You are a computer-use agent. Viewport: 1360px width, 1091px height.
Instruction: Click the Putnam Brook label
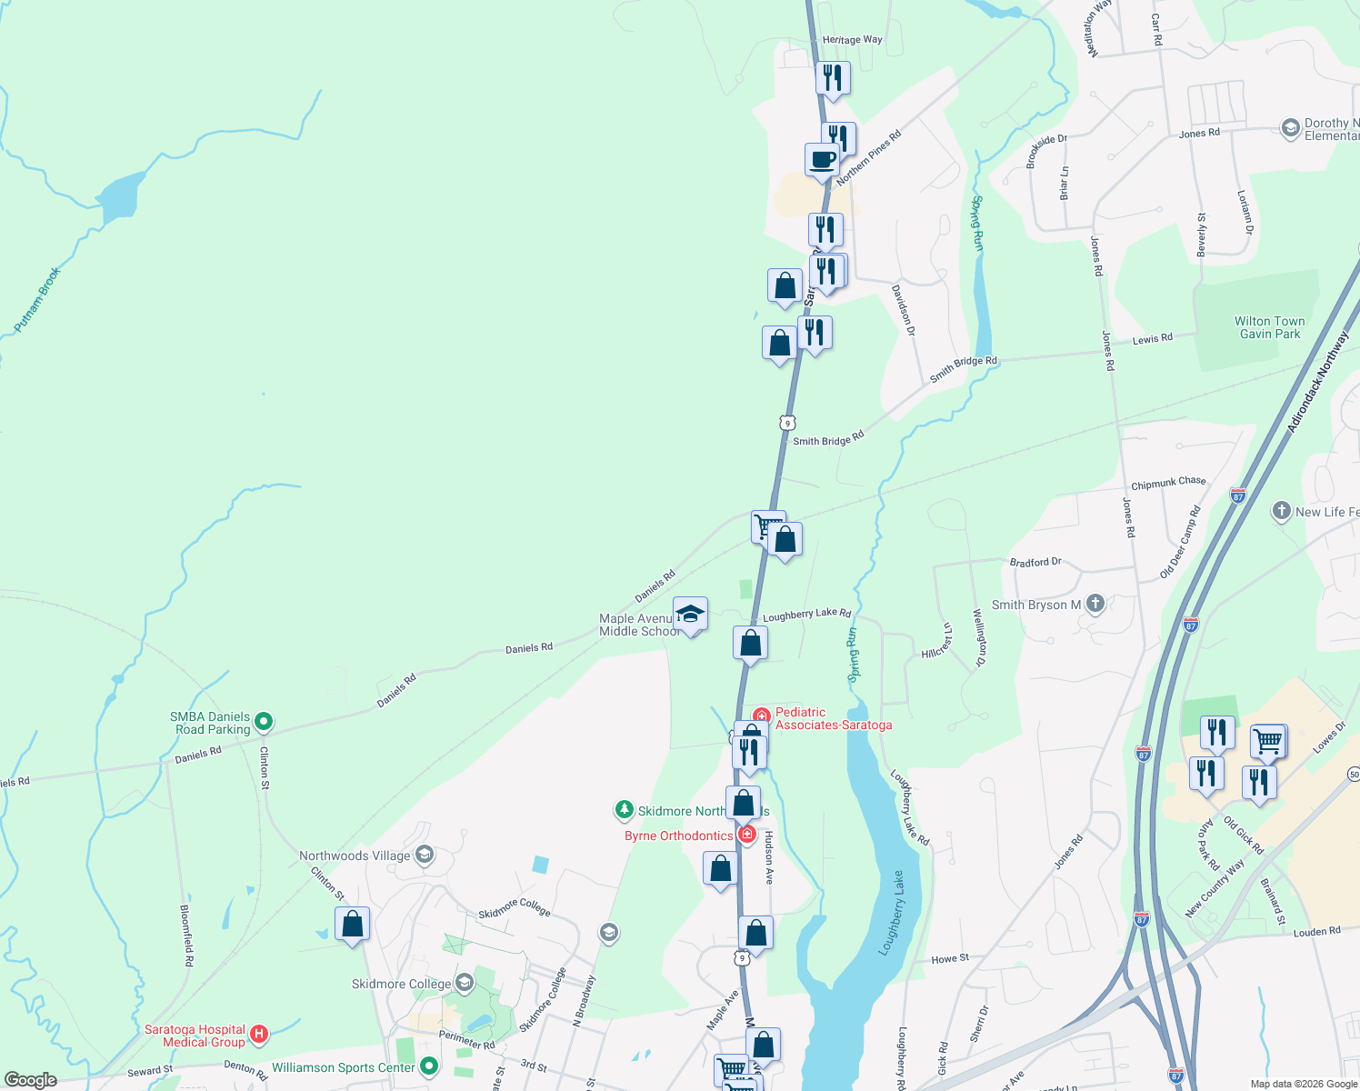pos(37,299)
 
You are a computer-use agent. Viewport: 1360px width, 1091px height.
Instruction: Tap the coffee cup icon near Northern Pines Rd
pos(823,159)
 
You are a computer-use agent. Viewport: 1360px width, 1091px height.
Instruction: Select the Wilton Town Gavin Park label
pos(1269,327)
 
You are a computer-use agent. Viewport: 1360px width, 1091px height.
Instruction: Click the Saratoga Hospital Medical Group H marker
pos(259,1034)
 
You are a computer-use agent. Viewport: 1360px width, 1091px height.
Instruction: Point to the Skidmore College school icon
pos(465,983)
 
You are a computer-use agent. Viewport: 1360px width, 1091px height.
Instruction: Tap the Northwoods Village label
pos(355,856)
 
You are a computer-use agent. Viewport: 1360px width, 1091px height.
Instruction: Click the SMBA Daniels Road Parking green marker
pos(264,722)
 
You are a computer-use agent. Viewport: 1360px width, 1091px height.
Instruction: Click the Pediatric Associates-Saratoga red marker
pos(761,717)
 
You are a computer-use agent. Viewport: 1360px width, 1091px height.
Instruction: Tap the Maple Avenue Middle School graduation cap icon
pos(691,614)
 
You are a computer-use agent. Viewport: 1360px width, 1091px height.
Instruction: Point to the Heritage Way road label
pos(852,40)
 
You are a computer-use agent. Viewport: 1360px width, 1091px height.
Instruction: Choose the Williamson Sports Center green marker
pos(430,1066)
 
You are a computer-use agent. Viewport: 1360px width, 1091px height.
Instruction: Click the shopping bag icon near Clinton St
pos(353,925)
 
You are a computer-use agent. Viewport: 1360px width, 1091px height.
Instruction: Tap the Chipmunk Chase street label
pos(1168,483)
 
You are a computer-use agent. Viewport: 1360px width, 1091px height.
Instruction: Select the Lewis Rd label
pos(1152,339)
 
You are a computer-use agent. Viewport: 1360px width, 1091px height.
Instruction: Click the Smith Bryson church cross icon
pos(1095,603)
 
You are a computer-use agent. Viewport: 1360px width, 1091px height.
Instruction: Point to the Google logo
pos(31,1080)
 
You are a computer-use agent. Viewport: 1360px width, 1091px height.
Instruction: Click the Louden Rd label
pos(1316,932)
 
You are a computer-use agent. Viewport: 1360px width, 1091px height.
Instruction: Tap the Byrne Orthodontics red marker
pos(747,835)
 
